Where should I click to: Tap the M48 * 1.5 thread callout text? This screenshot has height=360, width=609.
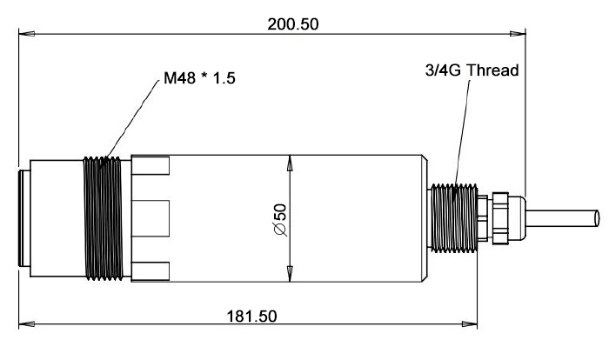(199, 80)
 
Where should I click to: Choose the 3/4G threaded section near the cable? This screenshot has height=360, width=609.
(453, 217)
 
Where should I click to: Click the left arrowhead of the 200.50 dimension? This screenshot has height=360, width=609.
(23, 35)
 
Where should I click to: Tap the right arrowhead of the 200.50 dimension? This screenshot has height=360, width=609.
(521, 35)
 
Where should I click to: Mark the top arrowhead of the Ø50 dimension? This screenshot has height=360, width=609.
(290, 160)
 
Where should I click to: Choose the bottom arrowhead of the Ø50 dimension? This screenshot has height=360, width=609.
(290, 277)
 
